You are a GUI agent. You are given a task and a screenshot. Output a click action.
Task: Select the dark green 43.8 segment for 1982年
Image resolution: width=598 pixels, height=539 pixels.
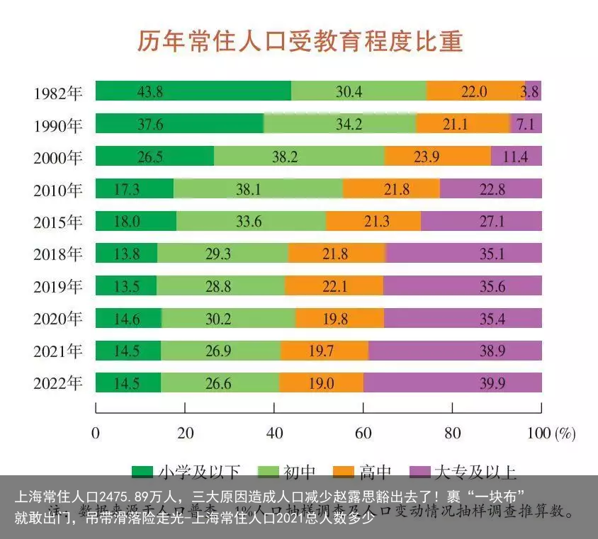click(193, 91)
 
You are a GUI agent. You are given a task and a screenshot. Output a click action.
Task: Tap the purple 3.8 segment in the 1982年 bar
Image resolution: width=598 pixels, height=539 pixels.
click(533, 91)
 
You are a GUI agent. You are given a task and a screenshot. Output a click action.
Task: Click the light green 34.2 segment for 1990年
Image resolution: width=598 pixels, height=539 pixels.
click(339, 124)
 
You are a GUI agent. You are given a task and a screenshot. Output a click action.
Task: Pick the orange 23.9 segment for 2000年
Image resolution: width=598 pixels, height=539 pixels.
click(437, 157)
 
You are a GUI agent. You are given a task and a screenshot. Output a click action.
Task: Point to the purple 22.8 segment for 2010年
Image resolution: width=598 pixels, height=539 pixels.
click(490, 189)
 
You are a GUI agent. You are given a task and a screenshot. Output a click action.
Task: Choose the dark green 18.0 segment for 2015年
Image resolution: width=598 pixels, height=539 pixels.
click(136, 222)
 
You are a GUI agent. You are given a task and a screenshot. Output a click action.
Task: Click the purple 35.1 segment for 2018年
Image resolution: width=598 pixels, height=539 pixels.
click(463, 254)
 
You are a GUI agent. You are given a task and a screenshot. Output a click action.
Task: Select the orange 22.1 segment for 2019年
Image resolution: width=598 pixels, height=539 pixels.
click(334, 286)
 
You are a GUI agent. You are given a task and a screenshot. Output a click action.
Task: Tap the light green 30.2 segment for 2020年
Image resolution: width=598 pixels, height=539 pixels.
click(228, 319)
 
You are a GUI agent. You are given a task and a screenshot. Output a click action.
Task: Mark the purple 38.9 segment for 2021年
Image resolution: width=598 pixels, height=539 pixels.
click(455, 351)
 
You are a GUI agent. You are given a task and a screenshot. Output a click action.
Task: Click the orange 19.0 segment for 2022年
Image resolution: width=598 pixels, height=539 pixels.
click(321, 383)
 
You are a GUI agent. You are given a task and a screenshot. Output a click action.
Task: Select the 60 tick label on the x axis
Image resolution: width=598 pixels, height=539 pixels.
click(363, 433)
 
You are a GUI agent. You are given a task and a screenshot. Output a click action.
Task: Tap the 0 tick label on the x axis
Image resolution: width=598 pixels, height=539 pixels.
click(96, 433)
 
